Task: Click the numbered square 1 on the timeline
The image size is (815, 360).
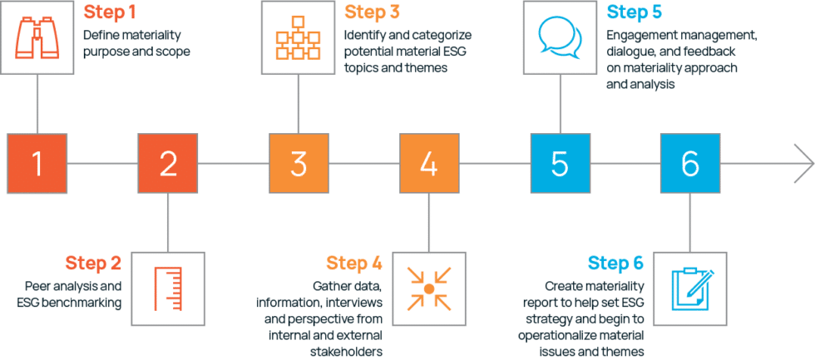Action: point(36,164)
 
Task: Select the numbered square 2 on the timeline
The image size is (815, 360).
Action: point(168,164)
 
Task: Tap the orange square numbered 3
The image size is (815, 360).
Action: point(299,164)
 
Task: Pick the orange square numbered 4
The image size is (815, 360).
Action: point(429,164)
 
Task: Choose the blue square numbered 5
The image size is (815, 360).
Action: point(560,164)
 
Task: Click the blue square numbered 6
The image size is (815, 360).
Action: point(690,164)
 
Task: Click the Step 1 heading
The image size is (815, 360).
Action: point(111,12)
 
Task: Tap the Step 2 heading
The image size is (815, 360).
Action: point(93,264)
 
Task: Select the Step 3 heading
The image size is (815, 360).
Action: point(373,12)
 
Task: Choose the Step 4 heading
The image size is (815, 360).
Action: point(354,264)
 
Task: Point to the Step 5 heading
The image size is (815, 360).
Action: point(635,12)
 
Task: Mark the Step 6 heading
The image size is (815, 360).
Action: point(615,264)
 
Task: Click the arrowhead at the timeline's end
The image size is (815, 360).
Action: point(803,164)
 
